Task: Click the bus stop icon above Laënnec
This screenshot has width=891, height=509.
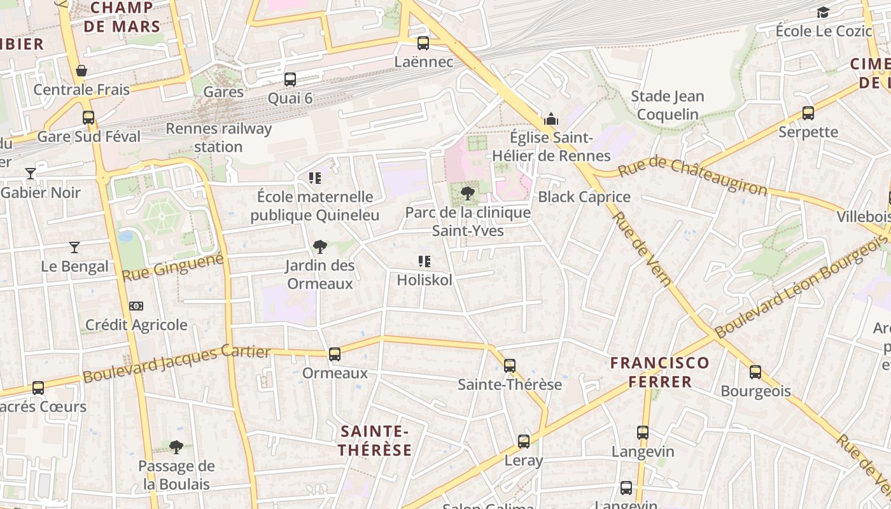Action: click(423, 43)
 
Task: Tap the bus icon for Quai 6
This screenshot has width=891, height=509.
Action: click(290, 80)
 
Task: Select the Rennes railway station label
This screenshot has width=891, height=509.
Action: click(218, 137)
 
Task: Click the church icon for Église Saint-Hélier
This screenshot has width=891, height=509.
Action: click(551, 119)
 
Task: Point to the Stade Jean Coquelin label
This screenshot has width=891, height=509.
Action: click(668, 106)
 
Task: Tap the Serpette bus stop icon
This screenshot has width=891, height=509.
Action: click(808, 113)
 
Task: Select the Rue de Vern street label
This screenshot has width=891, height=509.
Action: click(642, 248)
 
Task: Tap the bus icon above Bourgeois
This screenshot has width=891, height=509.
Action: click(755, 372)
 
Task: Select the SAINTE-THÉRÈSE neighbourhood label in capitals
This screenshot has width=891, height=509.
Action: click(375, 440)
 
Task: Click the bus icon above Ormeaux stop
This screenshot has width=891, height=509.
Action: click(335, 354)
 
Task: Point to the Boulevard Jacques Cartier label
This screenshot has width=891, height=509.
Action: click(177, 364)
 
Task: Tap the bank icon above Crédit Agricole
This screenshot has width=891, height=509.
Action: click(136, 306)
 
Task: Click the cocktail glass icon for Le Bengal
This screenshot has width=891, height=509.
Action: click(74, 248)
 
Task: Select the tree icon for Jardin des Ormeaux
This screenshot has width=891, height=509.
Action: click(319, 247)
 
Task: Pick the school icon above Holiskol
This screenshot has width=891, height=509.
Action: click(424, 261)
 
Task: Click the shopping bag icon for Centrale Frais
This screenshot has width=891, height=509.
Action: click(81, 71)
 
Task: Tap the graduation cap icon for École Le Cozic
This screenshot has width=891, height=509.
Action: click(824, 12)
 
